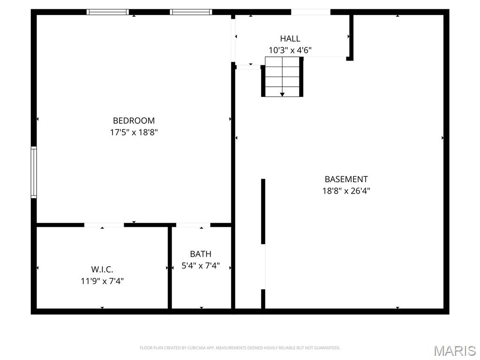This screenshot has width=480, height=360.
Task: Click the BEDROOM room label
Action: pos(134,120)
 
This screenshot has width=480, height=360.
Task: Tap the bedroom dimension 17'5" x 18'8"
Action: pos(134,132)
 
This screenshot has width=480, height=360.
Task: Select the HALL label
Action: pos(290,38)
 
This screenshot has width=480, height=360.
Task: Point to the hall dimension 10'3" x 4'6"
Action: pos(290,50)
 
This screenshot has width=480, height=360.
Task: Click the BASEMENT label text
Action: pos(346,179)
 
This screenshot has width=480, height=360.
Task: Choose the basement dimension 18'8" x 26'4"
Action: pos(346,191)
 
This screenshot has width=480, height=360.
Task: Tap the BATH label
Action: pos(200,254)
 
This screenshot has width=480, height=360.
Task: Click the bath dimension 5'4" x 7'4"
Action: pos(200,266)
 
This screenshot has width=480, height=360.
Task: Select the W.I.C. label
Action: pos(102,270)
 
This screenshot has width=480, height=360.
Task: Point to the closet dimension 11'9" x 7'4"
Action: pos(102,281)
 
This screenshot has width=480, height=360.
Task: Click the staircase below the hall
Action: pos(282,76)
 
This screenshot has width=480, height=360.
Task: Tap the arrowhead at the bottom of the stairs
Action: pos(282,95)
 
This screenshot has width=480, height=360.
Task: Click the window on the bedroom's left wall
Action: pos(34,172)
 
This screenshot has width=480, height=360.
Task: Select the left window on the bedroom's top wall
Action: pos(107,12)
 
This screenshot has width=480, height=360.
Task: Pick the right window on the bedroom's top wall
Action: pos(191,12)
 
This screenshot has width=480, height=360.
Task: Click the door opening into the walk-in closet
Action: pos(104,225)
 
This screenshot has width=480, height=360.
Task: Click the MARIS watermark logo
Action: pos(454,350)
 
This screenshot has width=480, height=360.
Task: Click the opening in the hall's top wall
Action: pos(310,12)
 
